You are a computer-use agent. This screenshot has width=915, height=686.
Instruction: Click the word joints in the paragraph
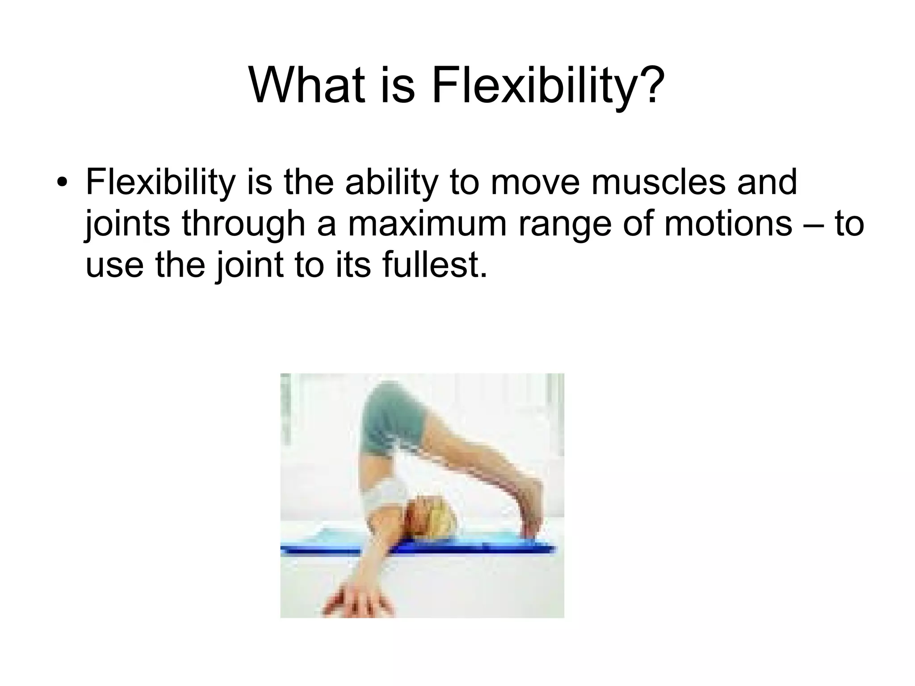[x=127, y=224]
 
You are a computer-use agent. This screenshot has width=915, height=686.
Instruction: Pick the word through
[x=243, y=224]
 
